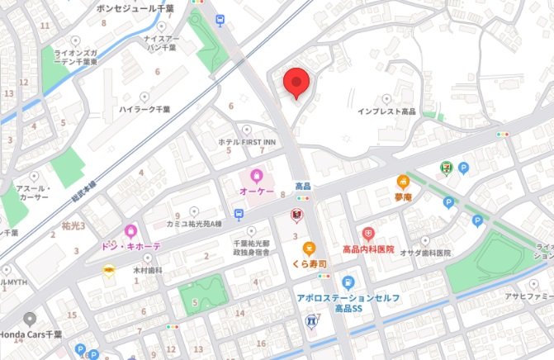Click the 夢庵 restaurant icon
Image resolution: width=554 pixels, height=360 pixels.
tap(403, 181)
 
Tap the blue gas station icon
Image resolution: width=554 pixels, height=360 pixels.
tap(348, 282)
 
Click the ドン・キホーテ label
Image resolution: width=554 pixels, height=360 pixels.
tap(130, 247)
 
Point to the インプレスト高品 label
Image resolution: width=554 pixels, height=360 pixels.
tap(386, 111)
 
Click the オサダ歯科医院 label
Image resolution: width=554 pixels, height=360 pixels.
tap(425, 252)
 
